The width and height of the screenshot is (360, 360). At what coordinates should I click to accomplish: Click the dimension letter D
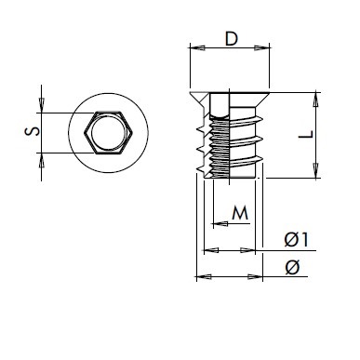point(232,39)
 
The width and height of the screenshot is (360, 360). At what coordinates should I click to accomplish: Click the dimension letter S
point(33,131)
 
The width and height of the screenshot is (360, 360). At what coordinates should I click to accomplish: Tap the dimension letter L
point(306,135)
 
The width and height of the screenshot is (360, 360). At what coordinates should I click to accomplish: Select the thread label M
point(240,213)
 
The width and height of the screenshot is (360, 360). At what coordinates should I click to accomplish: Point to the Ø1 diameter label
point(297,239)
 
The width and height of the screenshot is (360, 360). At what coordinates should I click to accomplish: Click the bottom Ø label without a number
point(292,267)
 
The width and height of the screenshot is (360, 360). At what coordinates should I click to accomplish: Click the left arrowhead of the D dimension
point(197,47)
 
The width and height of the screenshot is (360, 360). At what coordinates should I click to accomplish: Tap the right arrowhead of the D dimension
point(262,47)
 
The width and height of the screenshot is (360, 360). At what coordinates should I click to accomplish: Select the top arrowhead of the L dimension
point(315,100)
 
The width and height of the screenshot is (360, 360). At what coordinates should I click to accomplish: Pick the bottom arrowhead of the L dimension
point(315,170)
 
